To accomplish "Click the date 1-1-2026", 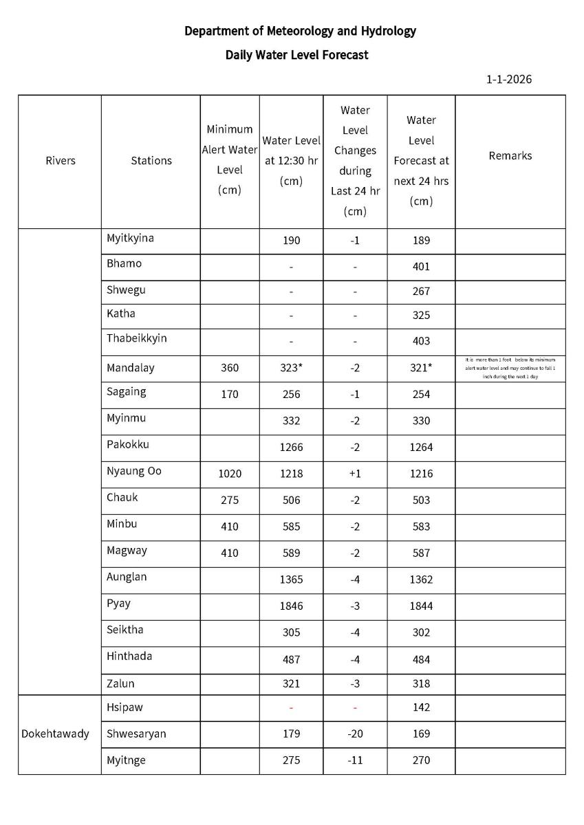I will tap(508, 79).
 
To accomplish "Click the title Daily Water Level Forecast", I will tap(296, 55).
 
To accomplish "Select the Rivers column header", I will tap(60, 161).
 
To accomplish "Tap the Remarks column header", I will tap(510, 156).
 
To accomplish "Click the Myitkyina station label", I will tap(130, 239).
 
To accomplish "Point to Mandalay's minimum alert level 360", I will tap(230, 368).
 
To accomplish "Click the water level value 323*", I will tap(292, 368).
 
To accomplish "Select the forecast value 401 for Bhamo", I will tap(421, 267).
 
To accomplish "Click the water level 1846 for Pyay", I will tap(291, 606).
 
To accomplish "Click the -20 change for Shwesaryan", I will tap(355, 734).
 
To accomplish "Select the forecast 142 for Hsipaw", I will tap(421, 707).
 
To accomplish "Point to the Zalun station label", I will tap(120, 683).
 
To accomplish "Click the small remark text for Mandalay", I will tap(510, 368).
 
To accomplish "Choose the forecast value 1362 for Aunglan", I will tap(421, 580).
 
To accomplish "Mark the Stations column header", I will tap(151, 161).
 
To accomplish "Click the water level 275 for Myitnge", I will tap(291, 760).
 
